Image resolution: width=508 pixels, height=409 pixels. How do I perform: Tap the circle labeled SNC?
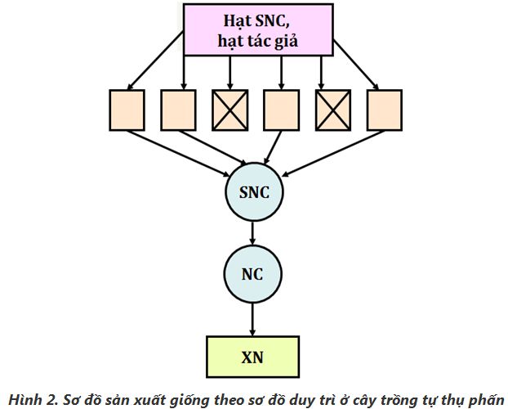pos(253,193)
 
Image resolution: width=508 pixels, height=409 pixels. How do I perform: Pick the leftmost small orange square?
pos(127,110)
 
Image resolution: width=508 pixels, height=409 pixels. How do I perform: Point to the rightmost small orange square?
pos(384,110)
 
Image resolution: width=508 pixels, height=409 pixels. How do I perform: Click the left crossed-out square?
pos(229,110)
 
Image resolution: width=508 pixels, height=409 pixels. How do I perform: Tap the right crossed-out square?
pos(332,110)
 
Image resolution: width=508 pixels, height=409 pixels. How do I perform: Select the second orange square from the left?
pos(178,110)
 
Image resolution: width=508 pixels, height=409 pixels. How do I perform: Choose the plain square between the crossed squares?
pos(281,110)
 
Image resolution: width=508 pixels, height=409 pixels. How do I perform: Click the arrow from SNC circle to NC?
pos(253,231)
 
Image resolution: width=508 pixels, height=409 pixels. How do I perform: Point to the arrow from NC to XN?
pos(253,314)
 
